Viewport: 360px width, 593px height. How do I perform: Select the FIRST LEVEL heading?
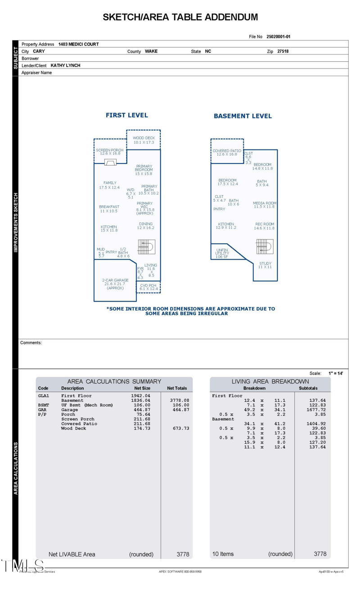pos(126,115)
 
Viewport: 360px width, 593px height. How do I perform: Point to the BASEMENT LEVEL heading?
pos(243,116)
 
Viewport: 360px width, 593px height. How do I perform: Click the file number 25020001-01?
pos(281,37)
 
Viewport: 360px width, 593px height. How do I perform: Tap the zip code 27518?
pos(283,51)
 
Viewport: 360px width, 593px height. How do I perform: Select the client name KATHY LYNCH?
pos(65,65)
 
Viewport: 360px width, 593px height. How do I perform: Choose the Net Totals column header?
pos(177,388)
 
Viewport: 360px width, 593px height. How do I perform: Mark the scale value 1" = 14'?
pos(336,373)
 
